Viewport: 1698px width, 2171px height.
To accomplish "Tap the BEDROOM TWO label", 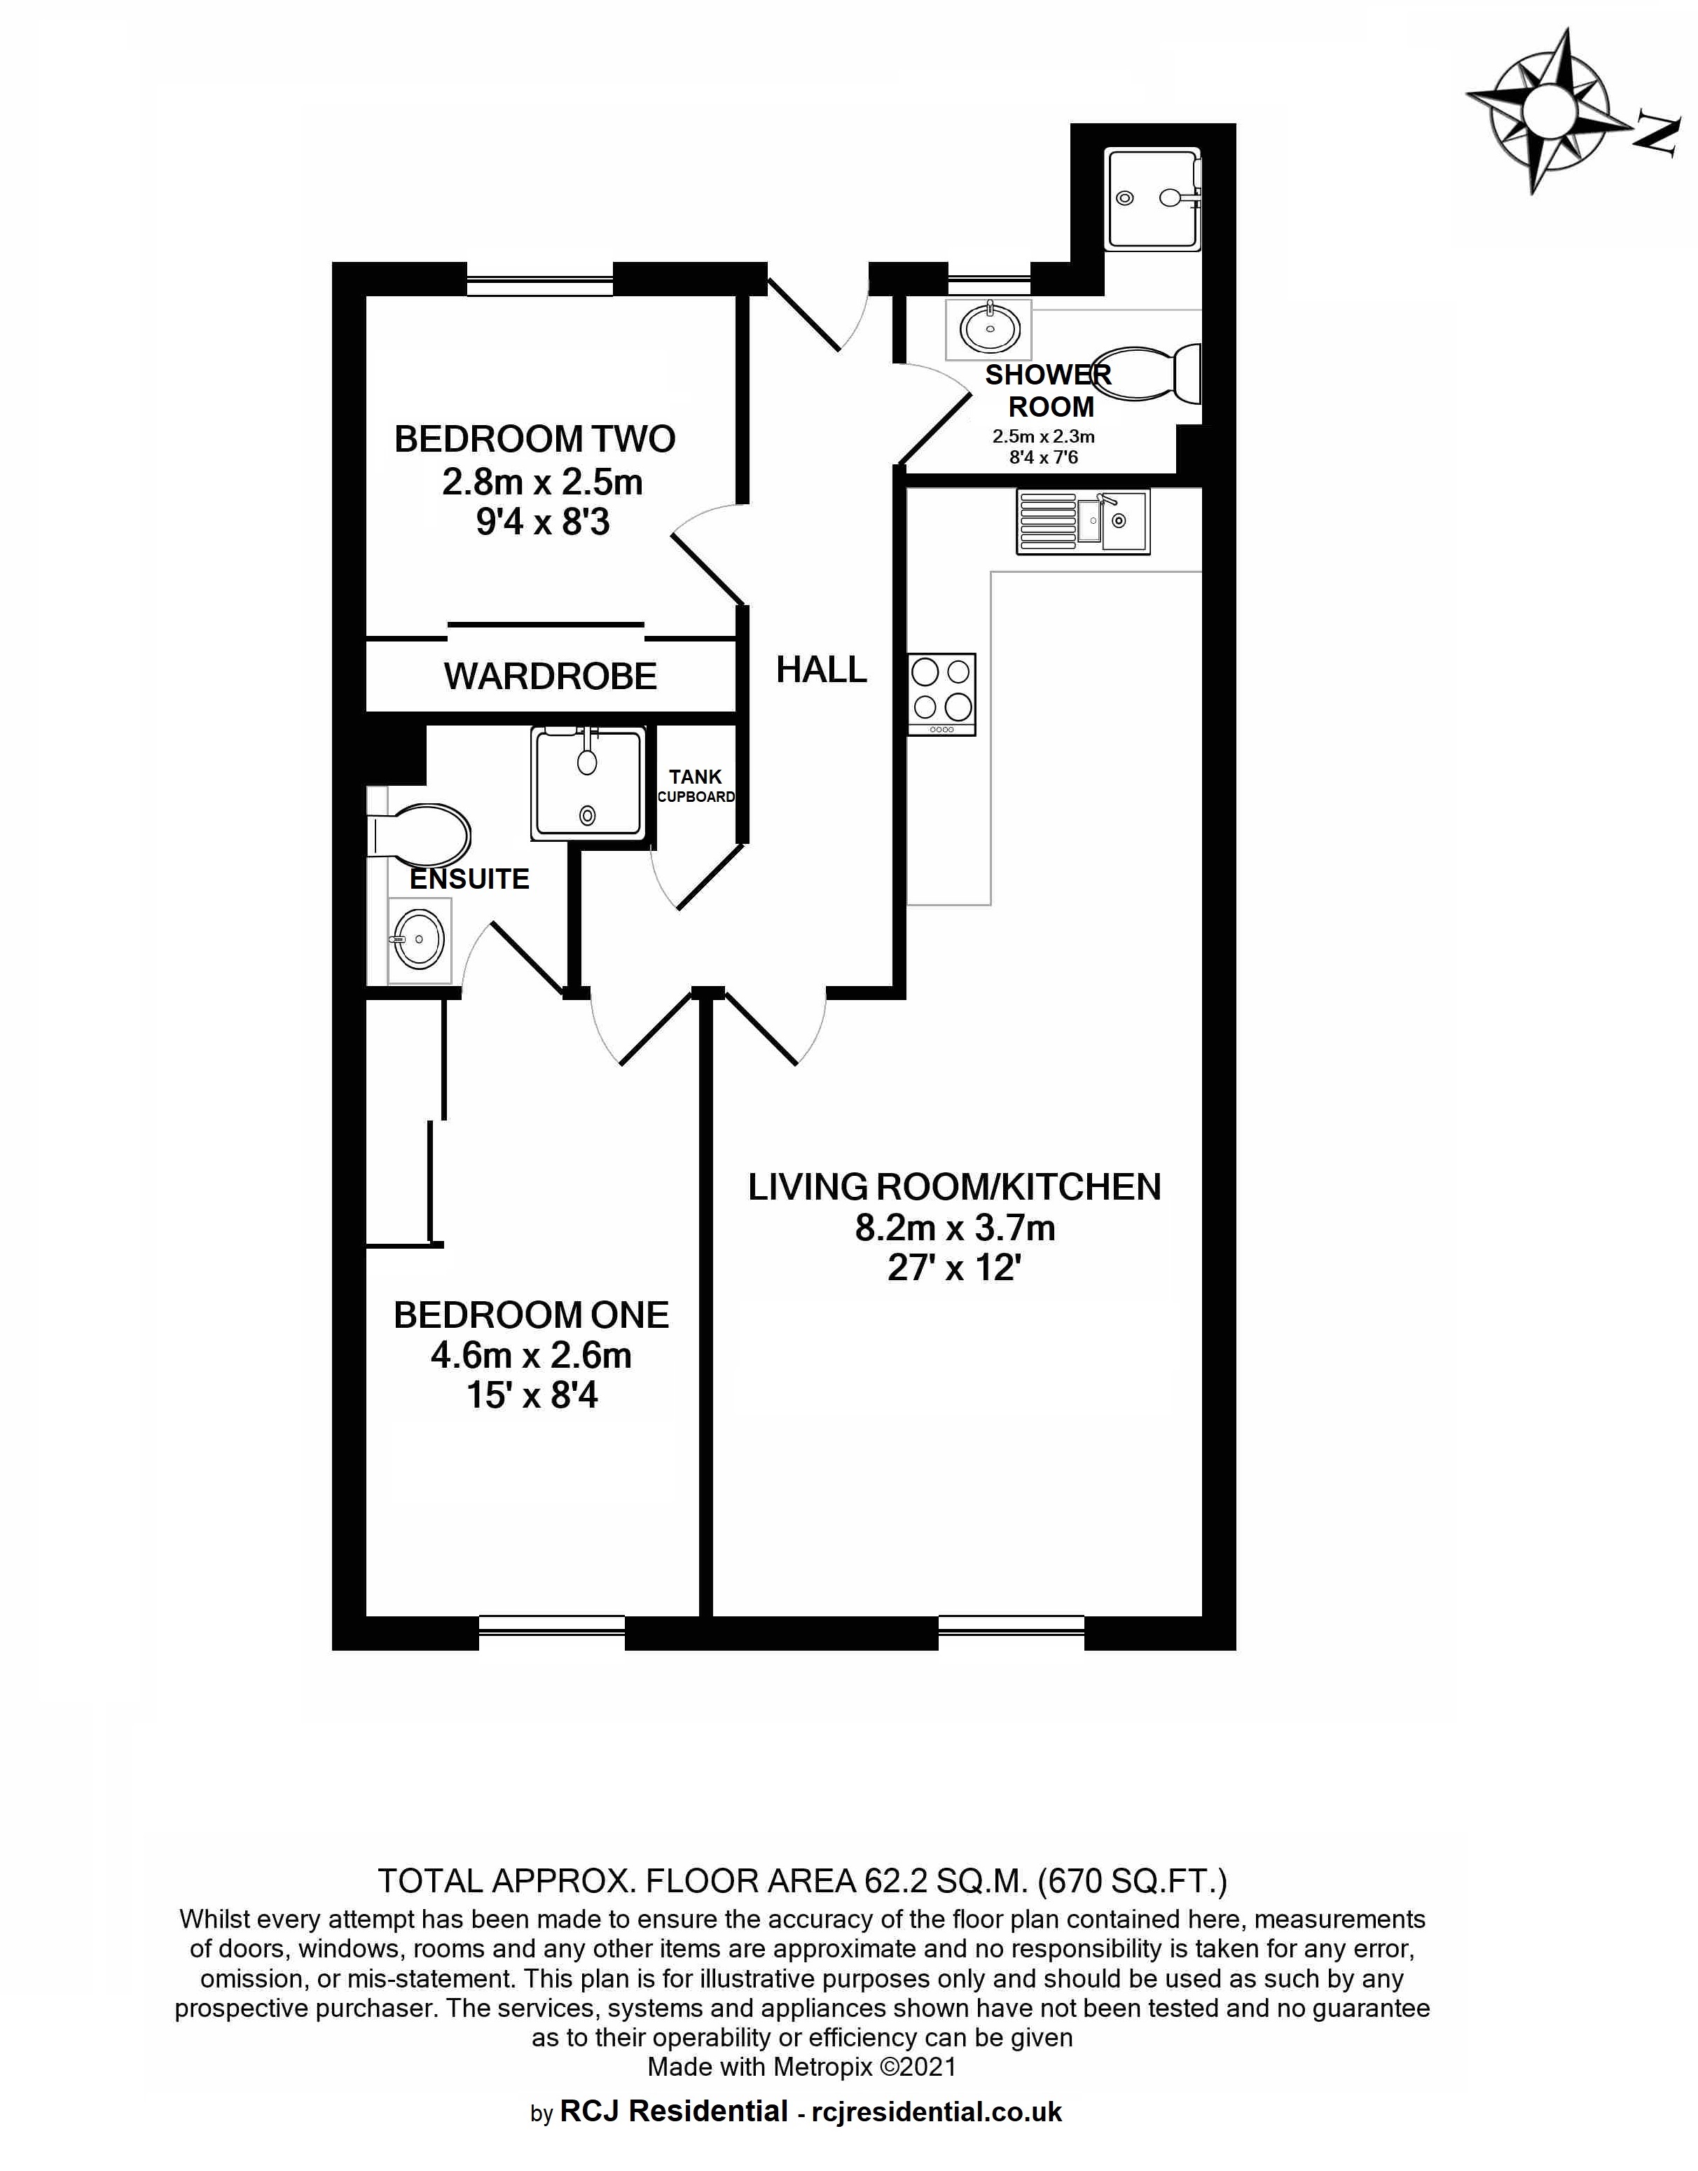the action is (x=535, y=438).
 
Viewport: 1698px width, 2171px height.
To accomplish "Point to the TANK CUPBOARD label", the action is (x=696, y=785).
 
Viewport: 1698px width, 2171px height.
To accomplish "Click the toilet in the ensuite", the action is (x=418, y=835).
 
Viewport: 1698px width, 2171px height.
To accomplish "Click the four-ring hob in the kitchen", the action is (x=941, y=694).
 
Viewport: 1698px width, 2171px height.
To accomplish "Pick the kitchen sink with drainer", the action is (x=1083, y=521).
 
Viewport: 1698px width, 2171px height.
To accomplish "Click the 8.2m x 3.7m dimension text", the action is (x=954, y=1228).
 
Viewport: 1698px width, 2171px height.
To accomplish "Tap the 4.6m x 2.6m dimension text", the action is (x=531, y=1355).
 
